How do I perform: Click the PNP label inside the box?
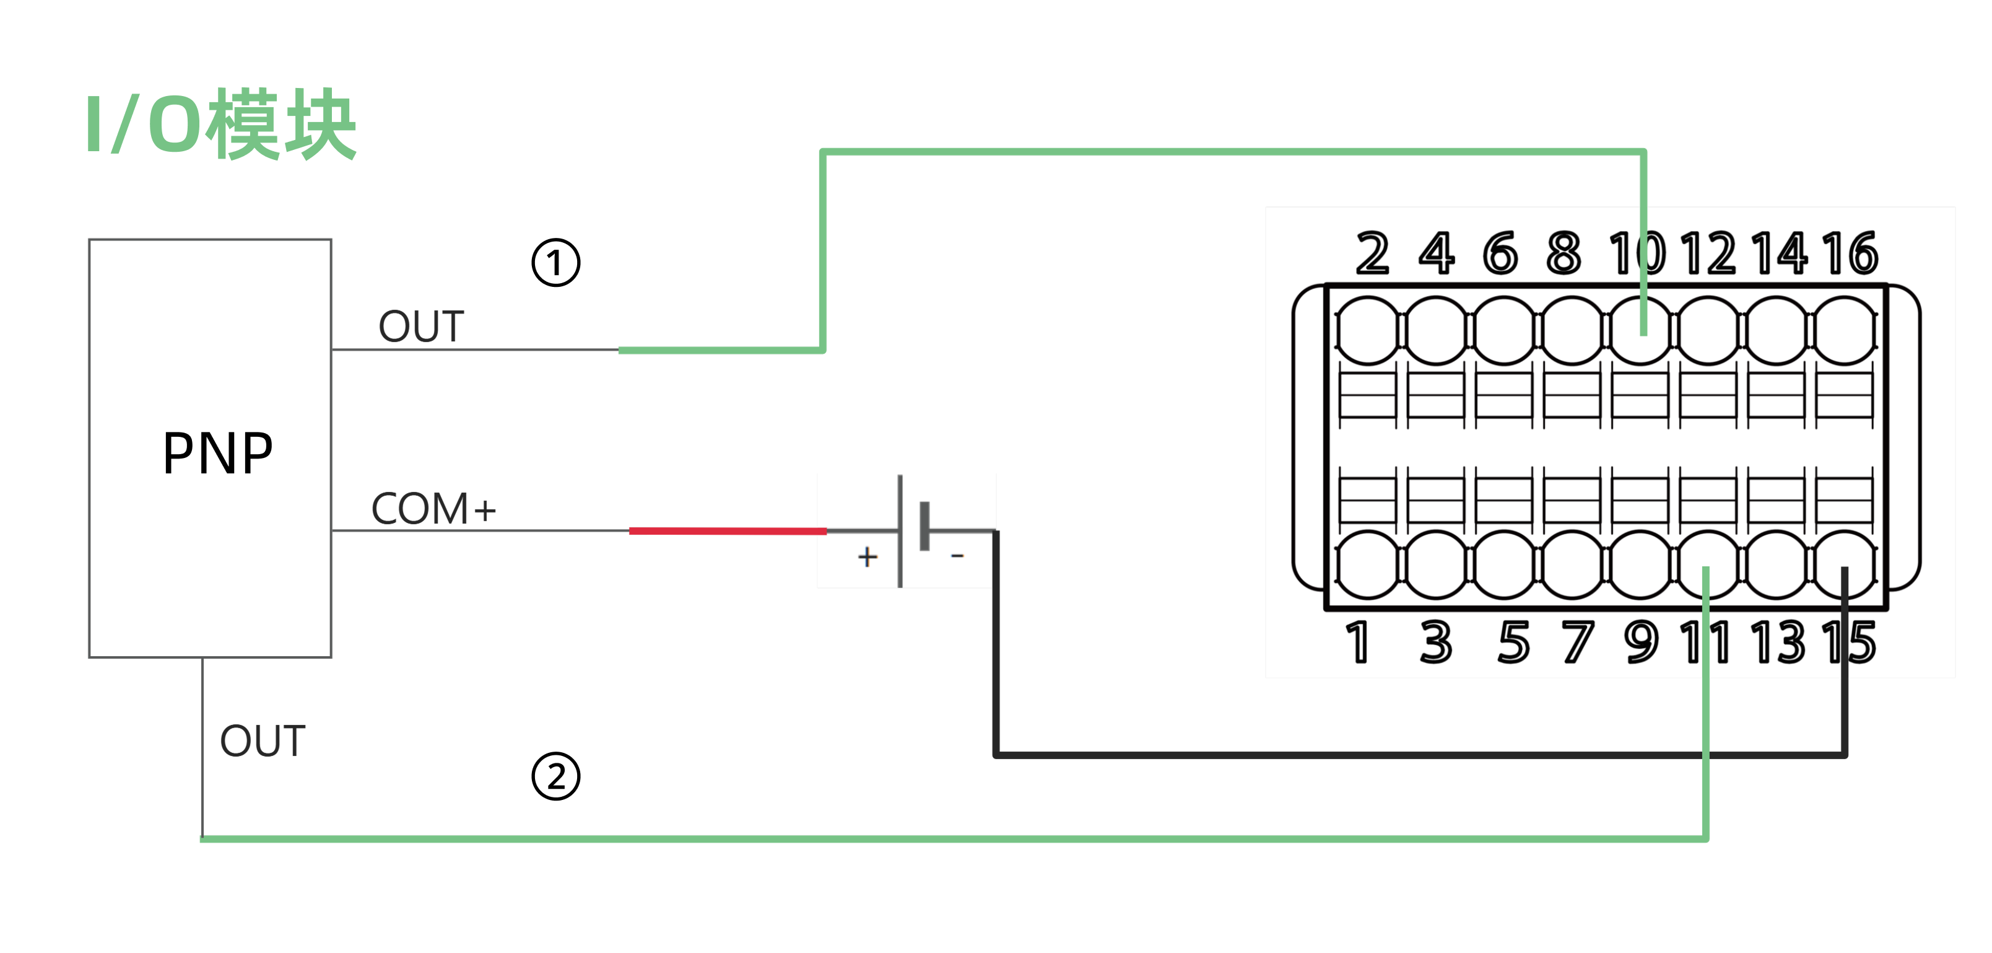(217, 454)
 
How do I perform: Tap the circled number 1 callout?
(555, 263)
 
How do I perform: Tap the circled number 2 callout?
(555, 776)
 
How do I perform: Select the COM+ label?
(433, 509)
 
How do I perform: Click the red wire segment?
(727, 530)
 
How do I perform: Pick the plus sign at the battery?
(868, 557)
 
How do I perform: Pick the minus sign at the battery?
(957, 555)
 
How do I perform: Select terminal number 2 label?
(1373, 253)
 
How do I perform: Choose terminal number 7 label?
(1578, 642)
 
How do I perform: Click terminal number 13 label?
(1778, 642)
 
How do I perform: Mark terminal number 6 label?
(1500, 253)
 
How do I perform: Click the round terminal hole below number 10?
(1640, 330)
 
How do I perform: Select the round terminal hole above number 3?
(1436, 564)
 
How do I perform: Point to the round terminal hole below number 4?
(1436, 330)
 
